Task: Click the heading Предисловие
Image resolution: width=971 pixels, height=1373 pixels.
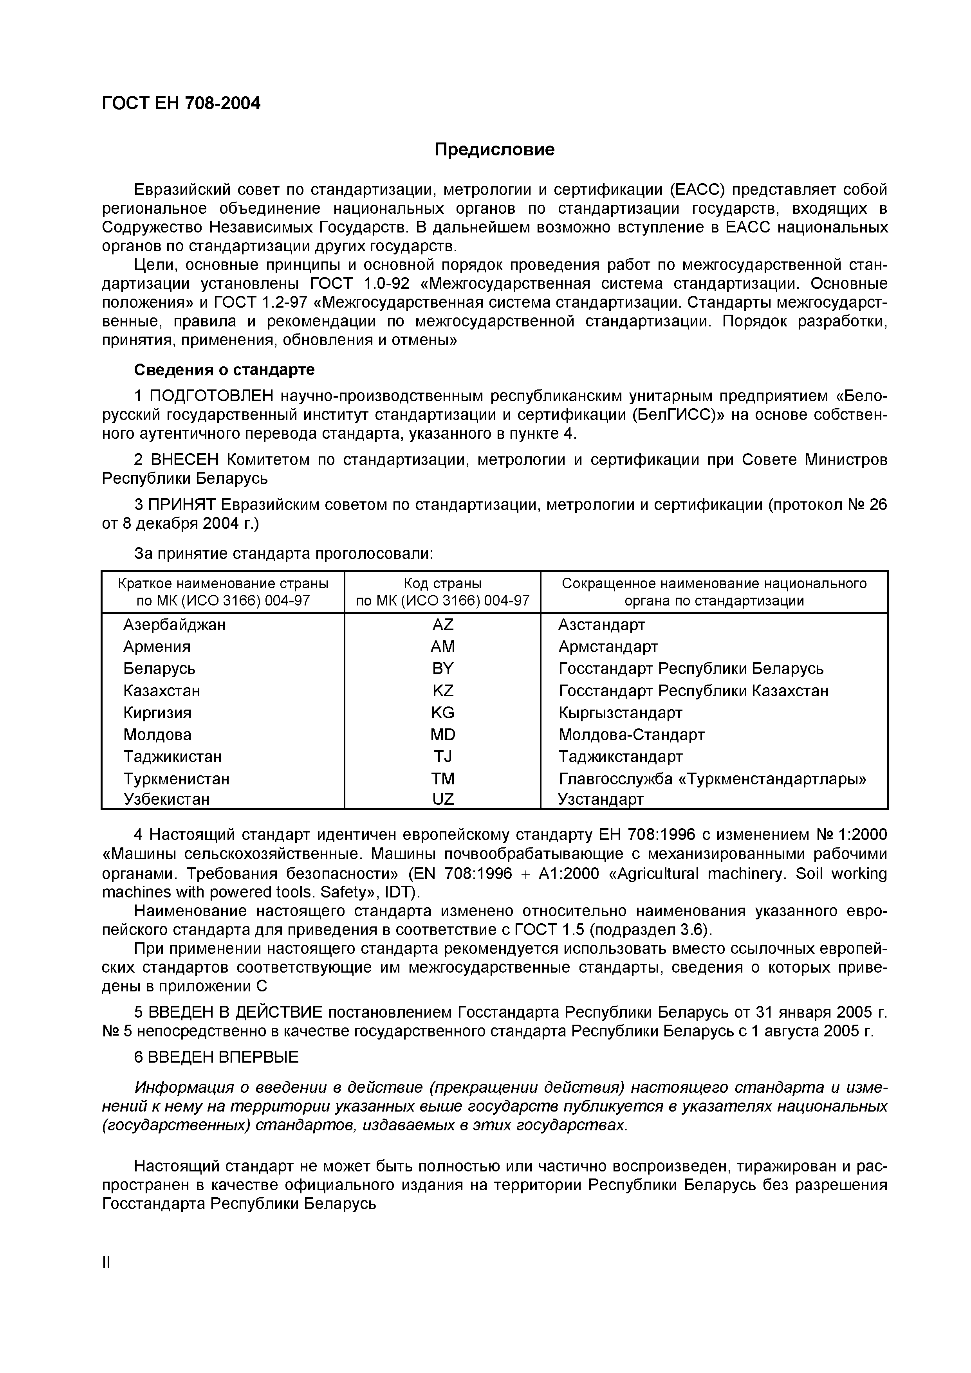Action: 494,150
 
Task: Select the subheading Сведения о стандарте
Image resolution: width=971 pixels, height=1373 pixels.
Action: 224,369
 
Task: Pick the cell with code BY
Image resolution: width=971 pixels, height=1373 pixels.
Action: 443,668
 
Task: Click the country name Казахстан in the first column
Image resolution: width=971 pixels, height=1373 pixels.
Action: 162,691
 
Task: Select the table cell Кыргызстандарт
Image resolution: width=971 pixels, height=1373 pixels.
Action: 620,713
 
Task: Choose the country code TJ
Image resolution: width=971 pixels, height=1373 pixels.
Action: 443,757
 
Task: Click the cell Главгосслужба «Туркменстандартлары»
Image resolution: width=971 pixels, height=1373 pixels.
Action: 712,779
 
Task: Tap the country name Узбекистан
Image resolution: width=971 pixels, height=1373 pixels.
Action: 166,800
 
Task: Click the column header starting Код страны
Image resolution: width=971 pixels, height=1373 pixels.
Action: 443,592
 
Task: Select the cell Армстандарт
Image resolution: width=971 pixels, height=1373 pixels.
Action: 608,647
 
